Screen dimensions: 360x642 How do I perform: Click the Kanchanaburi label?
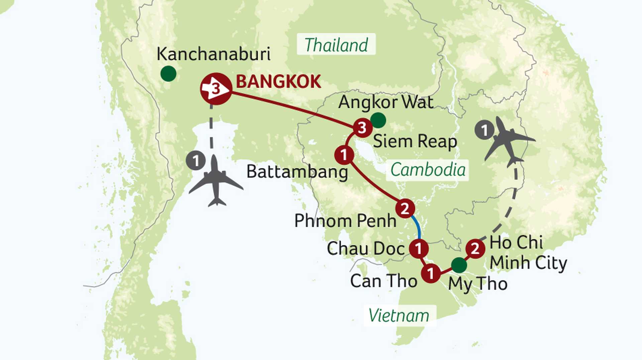[x=213, y=54]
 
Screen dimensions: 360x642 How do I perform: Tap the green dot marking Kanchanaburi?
[x=168, y=74]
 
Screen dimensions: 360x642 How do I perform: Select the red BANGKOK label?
[x=279, y=82]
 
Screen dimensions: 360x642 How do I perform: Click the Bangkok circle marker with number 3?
[x=216, y=89]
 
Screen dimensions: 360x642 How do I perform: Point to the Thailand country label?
[x=336, y=45]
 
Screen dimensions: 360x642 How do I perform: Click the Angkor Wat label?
[x=386, y=102]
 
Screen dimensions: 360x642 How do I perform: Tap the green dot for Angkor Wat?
[x=378, y=120]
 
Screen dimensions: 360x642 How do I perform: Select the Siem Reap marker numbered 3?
[x=362, y=128]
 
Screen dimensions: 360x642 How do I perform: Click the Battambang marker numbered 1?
[x=344, y=155]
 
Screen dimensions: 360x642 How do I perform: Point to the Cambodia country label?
[x=428, y=170]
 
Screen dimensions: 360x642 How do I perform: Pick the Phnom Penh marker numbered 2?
[x=405, y=208]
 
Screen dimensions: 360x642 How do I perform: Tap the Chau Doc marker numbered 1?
[x=419, y=249]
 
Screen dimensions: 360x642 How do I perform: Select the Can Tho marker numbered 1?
[x=431, y=273]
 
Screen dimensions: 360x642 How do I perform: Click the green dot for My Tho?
[x=459, y=265]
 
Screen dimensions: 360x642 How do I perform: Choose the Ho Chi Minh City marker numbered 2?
[x=475, y=249]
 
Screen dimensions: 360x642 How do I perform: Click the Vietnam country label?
[x=399, y=316]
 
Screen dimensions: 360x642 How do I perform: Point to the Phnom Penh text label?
[x=345, y=221]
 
